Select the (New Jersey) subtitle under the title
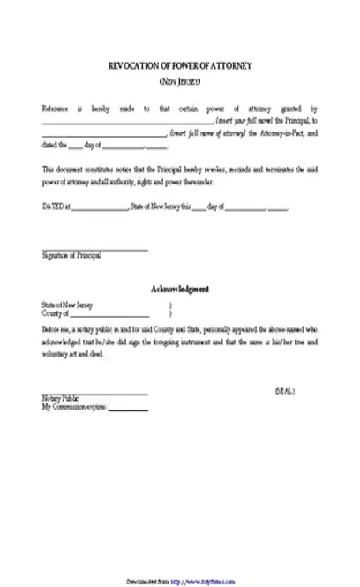tap(179, 81)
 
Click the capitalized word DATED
tap(52, 208)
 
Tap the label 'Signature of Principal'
tap(71, 256)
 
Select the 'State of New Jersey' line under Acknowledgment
tap(67, 305)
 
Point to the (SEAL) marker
tap(285, 365)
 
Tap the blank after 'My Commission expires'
tap(128, 383)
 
